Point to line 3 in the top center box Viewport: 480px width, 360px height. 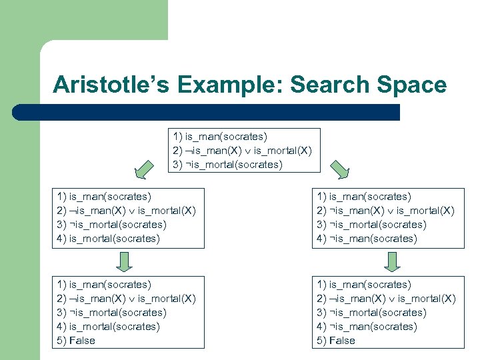[227, 164]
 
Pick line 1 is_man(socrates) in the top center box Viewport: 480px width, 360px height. [220, 136]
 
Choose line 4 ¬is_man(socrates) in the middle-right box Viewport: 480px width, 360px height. [367, 239]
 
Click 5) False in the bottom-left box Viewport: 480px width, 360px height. [76, 341]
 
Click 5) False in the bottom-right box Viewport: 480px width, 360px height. [336, 341]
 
